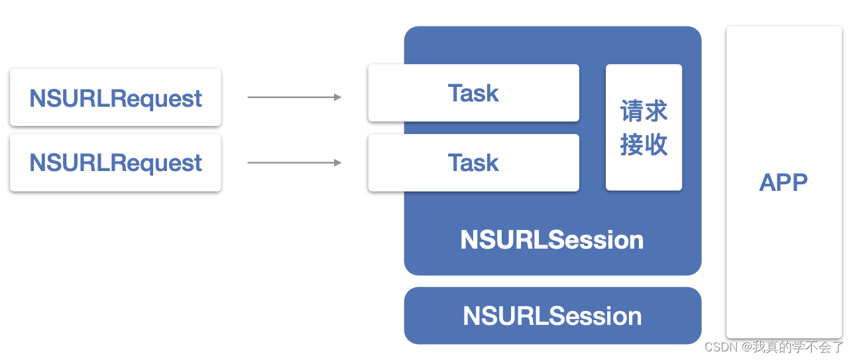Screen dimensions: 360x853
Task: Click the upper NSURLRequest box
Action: [x=115, y=97]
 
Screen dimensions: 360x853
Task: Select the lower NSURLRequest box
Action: [x=115, y=162]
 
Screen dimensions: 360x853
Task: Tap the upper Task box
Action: [x=473, y=93]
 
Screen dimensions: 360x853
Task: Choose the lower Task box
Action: [x=473, y=162]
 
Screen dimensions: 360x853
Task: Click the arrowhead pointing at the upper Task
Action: [x=337, y=97]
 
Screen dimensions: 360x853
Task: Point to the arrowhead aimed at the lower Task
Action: [x=337, y=162]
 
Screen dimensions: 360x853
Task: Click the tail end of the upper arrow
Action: [x=249, y=97]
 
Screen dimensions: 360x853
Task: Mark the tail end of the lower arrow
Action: [x=249, y=162]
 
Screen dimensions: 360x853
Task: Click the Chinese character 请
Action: [x=632, y=111]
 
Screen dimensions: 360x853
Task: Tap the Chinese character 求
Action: [x=656, y=111]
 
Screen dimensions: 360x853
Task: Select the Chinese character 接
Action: [x=632, y=144]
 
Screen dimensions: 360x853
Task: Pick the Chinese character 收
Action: [x=656, y=144]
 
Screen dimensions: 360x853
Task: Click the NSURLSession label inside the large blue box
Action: [x=552, y=239]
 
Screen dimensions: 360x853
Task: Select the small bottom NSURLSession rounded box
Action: [x=552, y=316]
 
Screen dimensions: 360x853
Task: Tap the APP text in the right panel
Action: [x=783, y=182]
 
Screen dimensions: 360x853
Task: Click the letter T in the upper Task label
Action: [x=455, y=93]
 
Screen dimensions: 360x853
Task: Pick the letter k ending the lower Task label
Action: [x=492, y=162]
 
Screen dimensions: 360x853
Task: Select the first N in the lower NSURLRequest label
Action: [x=37, y=162]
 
